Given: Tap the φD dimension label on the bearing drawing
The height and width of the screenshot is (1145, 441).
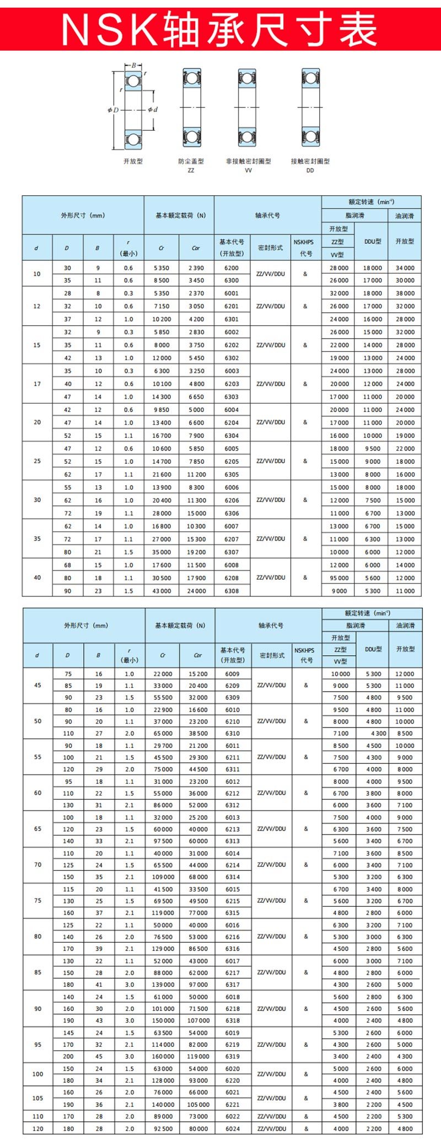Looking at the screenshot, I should point(113,110).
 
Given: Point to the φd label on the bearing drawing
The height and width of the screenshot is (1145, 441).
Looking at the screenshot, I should point(153,110).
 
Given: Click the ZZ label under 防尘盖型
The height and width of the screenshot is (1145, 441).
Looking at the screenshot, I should point(191,170).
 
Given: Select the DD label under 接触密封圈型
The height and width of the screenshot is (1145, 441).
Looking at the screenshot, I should point(310,170).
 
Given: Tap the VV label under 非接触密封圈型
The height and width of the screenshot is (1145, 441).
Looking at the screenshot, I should point(248,170).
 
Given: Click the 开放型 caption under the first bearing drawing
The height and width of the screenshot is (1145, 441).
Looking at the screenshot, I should point(133,161).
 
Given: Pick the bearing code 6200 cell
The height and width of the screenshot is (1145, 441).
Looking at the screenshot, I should point(232,268).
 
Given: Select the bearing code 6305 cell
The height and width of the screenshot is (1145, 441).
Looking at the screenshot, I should point(232,474).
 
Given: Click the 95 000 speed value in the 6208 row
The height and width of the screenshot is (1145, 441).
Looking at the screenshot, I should point(339,578).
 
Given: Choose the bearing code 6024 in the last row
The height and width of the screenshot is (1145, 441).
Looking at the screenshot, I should point(233,1128).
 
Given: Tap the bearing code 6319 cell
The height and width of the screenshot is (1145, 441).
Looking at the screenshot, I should point(233,1056).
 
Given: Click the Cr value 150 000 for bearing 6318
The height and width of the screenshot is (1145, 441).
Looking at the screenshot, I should point(163,1020).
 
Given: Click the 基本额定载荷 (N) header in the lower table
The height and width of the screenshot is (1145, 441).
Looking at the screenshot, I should point(180,625).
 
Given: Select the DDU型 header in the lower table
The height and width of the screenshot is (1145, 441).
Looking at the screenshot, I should point(373,649).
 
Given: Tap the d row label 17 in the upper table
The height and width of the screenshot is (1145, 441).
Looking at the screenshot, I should point(37,384).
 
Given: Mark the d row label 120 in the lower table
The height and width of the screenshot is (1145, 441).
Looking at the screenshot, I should point(37,1128).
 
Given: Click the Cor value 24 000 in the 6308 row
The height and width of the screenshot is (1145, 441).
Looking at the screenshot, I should point(196,591).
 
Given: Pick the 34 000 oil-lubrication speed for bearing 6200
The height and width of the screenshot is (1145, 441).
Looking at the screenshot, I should point(405,268).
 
